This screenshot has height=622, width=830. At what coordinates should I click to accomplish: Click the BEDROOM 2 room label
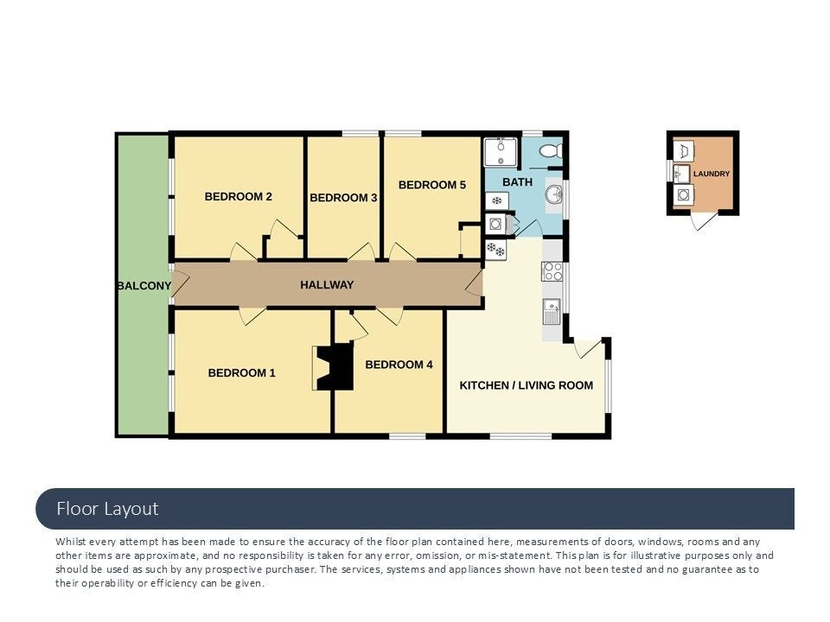tap(239, 197)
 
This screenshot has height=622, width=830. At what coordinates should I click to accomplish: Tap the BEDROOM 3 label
tap(343, 198)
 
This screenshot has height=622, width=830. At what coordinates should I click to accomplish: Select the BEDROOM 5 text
tap(432, 185)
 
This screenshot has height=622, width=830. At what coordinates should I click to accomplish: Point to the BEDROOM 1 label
tap(241, 373)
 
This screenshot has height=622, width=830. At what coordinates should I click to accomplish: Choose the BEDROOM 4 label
tap(399, 365)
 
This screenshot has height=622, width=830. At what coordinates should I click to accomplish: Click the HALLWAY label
tap(327, 285)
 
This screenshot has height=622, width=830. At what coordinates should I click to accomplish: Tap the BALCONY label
tap(144, 286)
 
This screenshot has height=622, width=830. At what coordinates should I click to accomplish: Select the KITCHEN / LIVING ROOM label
tap(527, 385)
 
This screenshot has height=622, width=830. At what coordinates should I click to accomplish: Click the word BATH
tap(517, 182)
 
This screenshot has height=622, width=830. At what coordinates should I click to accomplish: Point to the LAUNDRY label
tap(712, 174)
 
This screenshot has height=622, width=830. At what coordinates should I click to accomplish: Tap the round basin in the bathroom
tap(554, 195)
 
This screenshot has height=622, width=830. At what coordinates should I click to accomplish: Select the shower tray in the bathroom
tap(501, 152)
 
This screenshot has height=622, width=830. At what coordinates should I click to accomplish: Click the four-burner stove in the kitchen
tap(552, 272)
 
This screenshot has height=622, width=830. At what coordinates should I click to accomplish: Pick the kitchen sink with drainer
tap(552, 312)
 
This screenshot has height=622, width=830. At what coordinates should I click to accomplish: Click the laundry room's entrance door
tap(703, 221)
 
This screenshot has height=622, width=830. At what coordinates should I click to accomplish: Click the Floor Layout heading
tap(107, 509)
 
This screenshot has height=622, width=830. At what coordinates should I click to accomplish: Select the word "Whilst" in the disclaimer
tap(70, 542)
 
